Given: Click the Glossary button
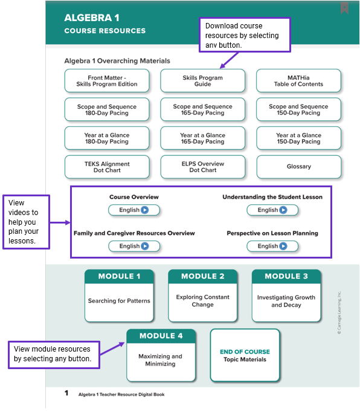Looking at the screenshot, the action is click(299, 167).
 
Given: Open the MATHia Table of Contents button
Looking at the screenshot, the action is click(298, 81).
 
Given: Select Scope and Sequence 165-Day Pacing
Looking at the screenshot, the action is click(202, 109).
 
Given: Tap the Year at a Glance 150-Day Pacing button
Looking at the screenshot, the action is click(298, 138).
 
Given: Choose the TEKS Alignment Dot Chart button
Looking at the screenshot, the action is click(107, 167).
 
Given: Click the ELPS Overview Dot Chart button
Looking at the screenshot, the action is click(202, 167).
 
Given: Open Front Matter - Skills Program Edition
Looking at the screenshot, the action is click(107, 81).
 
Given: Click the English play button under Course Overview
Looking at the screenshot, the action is click(134, 210).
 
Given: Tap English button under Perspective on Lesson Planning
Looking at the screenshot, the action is click(272, 246).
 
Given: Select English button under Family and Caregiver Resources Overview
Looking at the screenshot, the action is click(134, 246).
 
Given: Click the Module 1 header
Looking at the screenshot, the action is click(119, 277).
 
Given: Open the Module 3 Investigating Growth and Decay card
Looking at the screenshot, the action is click(286, 295).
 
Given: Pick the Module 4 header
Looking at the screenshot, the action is click(161, 336).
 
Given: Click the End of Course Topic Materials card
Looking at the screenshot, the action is click(245, 355).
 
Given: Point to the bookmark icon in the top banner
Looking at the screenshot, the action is click(344, 8).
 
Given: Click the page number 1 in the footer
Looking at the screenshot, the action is click(66, 393).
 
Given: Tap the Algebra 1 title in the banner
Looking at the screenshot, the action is click(92, 18).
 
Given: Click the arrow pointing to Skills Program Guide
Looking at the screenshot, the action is click(229, 60).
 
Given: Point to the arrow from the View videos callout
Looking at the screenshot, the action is click(60, 222).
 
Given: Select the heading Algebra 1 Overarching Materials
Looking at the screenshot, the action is click(117, 61).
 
